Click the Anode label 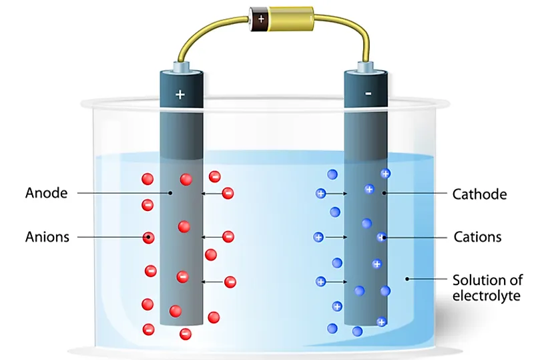point(47,193)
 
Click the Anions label point(47,237)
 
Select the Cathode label point(480,194)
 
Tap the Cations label point(477,237)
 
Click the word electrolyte point(487,295)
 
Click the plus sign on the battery point(261,19)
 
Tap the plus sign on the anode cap point(180,94)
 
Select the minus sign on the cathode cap point(368,94)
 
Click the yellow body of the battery point(290,19)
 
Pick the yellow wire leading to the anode point(208,33)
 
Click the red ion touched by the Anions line point(148,238)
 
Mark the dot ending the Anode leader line point(170,193)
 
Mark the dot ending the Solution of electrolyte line point(407,279)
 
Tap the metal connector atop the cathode point(365,66)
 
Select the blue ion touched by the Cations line point(382,237)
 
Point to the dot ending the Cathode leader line point(384,193)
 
